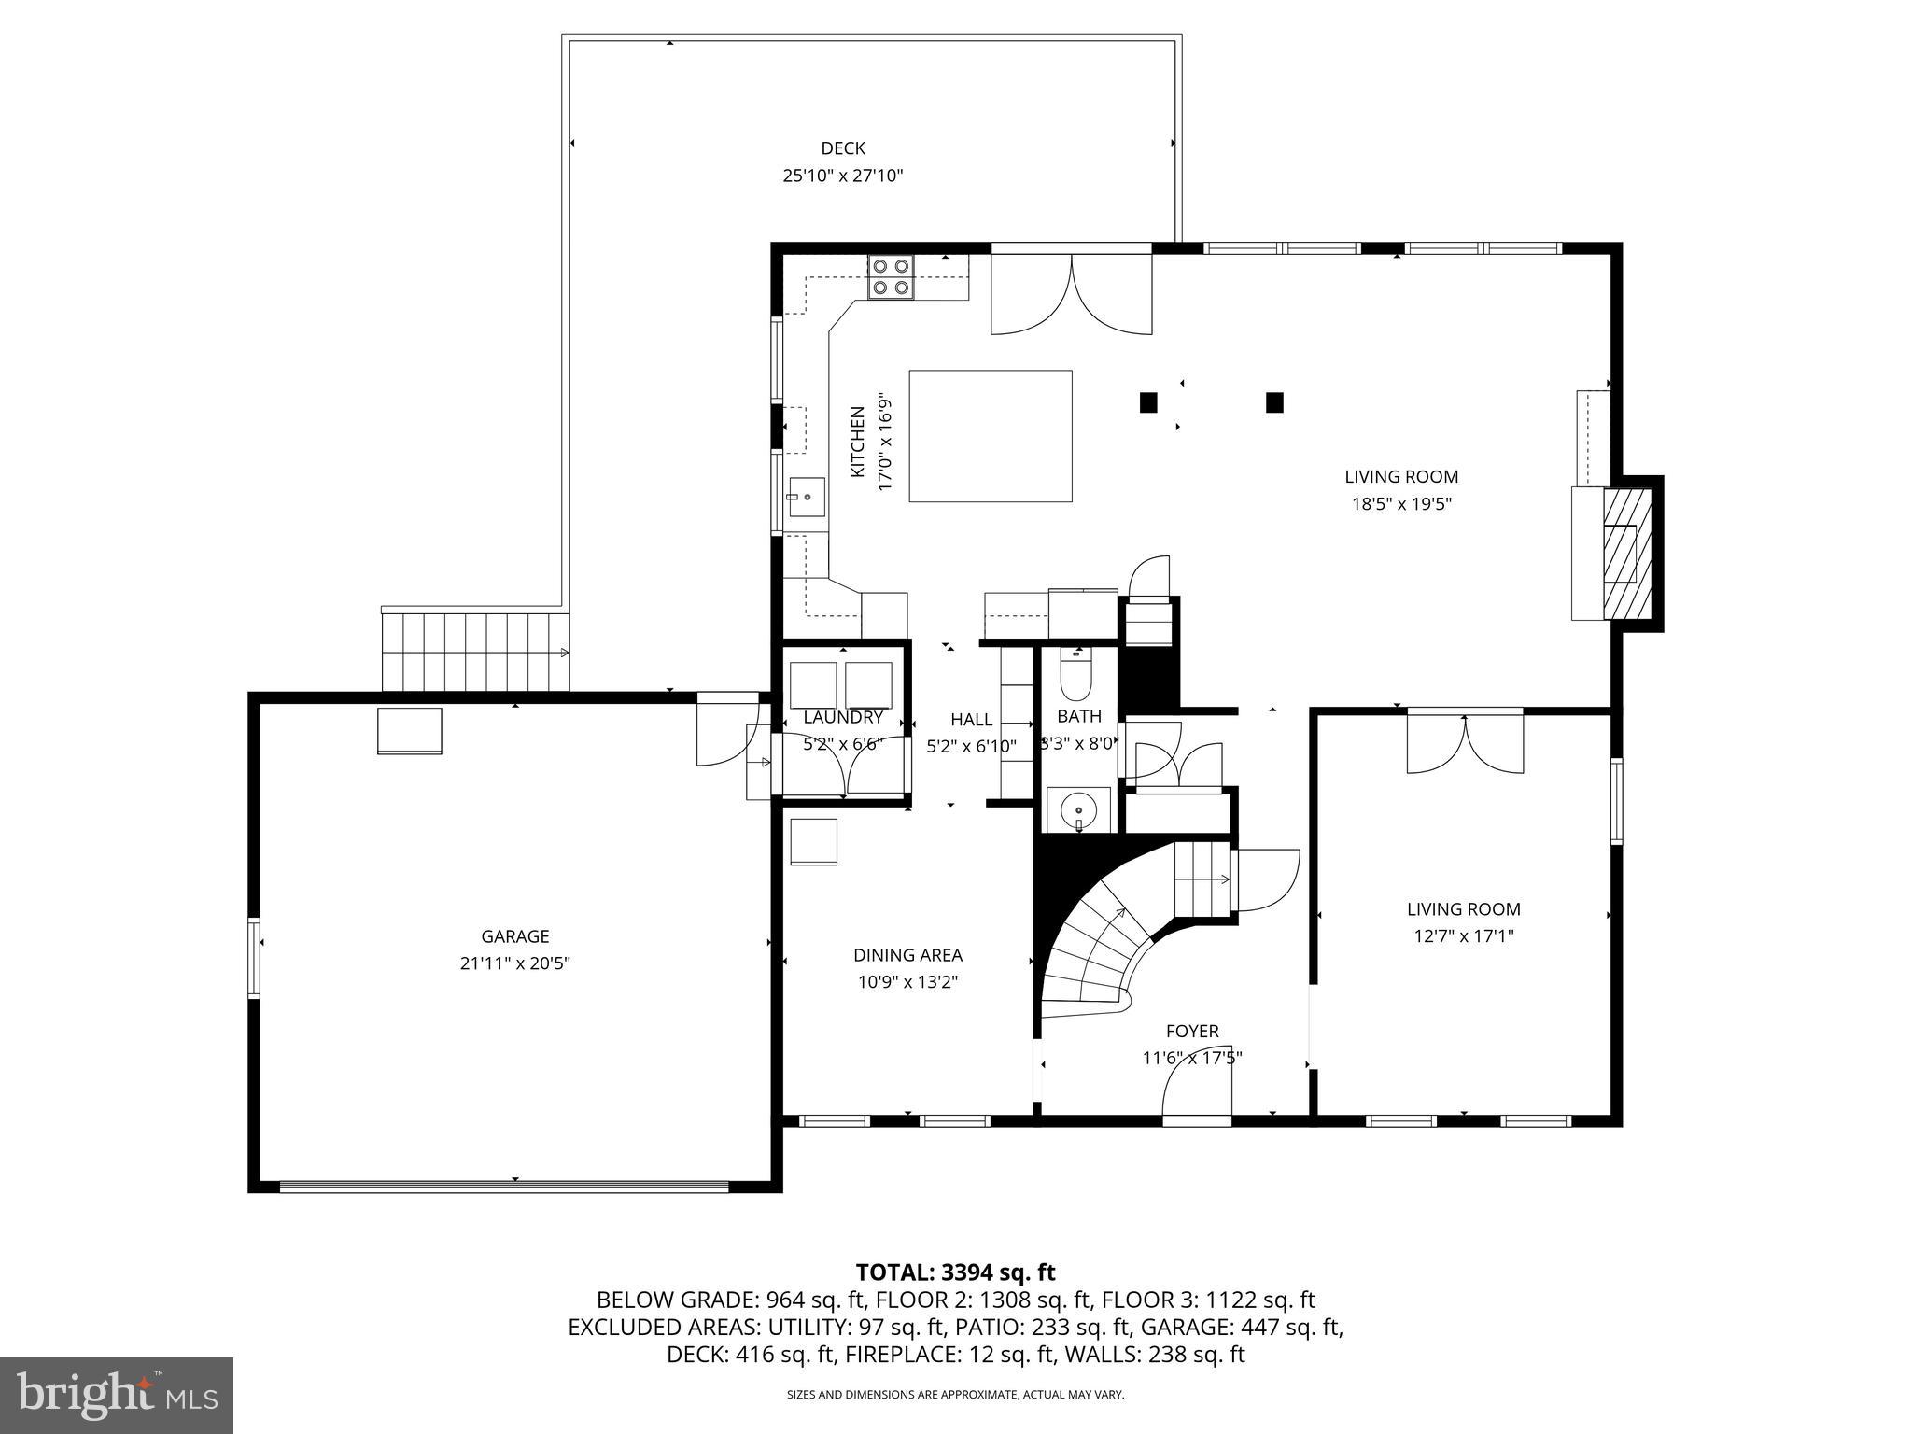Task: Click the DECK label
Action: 843,148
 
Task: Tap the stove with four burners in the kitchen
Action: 891,277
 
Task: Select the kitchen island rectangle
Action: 991,436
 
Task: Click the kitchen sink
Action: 806,497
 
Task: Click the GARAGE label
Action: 514,936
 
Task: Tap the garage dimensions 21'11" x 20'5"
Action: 514,963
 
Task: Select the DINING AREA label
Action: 907,955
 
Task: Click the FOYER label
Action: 1192,1032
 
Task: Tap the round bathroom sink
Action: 1079,807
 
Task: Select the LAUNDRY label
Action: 843,717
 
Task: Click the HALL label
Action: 971,720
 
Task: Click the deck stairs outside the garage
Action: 474,652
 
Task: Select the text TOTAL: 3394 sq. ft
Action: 955,1272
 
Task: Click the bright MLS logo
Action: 117,1396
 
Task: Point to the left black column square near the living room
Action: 1148,402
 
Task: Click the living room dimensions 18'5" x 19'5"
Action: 1401,504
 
